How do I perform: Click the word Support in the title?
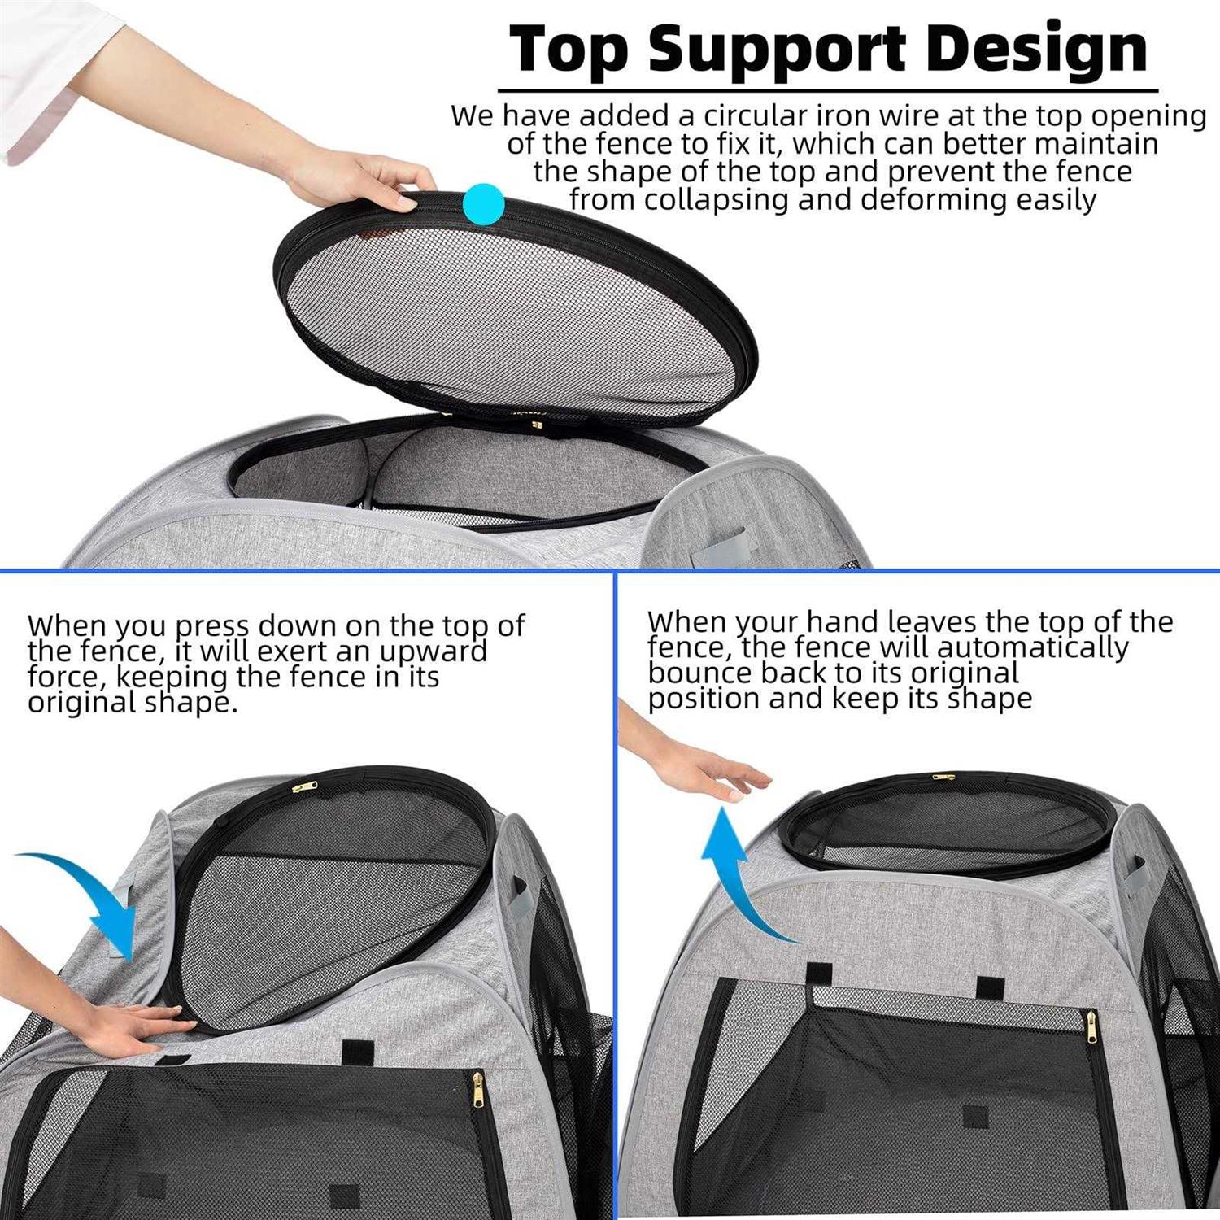point(777,50)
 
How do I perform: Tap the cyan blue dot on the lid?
point(483,203)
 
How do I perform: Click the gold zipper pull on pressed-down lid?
point(304,786)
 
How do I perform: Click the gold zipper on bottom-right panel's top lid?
point(943,777)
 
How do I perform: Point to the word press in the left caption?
point(211,626)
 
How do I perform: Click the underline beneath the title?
point(827,90)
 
